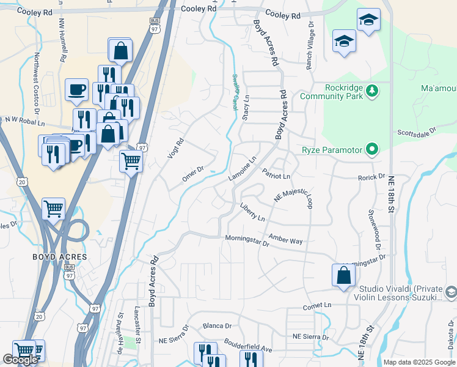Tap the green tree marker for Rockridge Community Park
point(371,91)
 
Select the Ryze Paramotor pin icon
point(370,150)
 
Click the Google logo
point(20,360)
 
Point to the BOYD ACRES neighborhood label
point(59,257)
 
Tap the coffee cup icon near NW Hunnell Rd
point(77,89)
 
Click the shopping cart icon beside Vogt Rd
point(131,162)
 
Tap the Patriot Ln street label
point(276,176)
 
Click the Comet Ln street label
point(317,305)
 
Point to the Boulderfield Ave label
point(248,345)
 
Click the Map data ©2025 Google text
point(419,362)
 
